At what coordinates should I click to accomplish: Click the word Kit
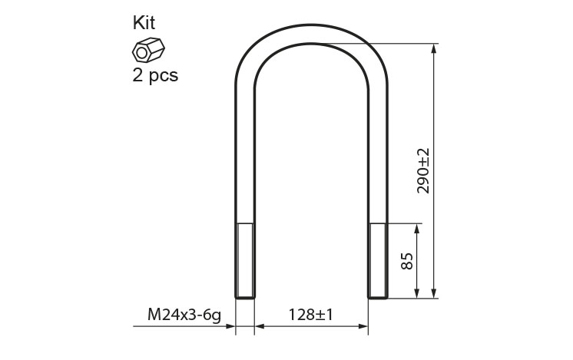(144, 22)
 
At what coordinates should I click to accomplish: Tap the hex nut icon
(148, 50)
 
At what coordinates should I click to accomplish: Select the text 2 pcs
(155, 75)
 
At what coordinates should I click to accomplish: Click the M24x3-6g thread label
(184, 315)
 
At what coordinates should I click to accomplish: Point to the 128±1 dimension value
(311, 315)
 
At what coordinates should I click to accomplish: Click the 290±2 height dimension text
(423, 171)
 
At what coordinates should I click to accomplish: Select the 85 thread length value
(407, 261)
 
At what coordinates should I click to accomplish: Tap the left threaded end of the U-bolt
(245, 261)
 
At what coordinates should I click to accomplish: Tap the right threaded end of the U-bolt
(377, 261)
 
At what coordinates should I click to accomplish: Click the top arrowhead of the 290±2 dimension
(434, 48)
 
